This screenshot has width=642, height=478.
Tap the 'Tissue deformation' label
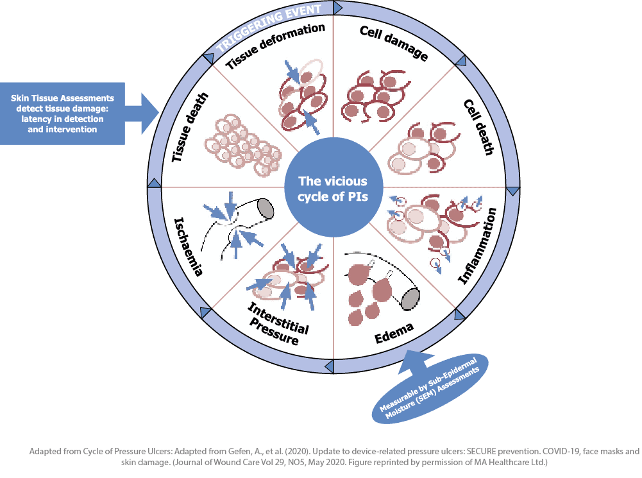(x=276, y=46)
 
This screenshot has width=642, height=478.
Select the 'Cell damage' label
(x=393, y=44)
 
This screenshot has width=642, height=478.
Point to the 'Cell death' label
(x=479, y=127)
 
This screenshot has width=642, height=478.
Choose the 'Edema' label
(x=394, y=330)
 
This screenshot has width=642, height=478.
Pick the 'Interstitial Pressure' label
(x=277, y=324)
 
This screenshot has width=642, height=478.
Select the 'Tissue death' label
(x=190, y=128)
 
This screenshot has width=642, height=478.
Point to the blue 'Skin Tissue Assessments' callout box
(x=63, y=114)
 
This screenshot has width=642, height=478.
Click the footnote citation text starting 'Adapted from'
(x=334, y=456)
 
